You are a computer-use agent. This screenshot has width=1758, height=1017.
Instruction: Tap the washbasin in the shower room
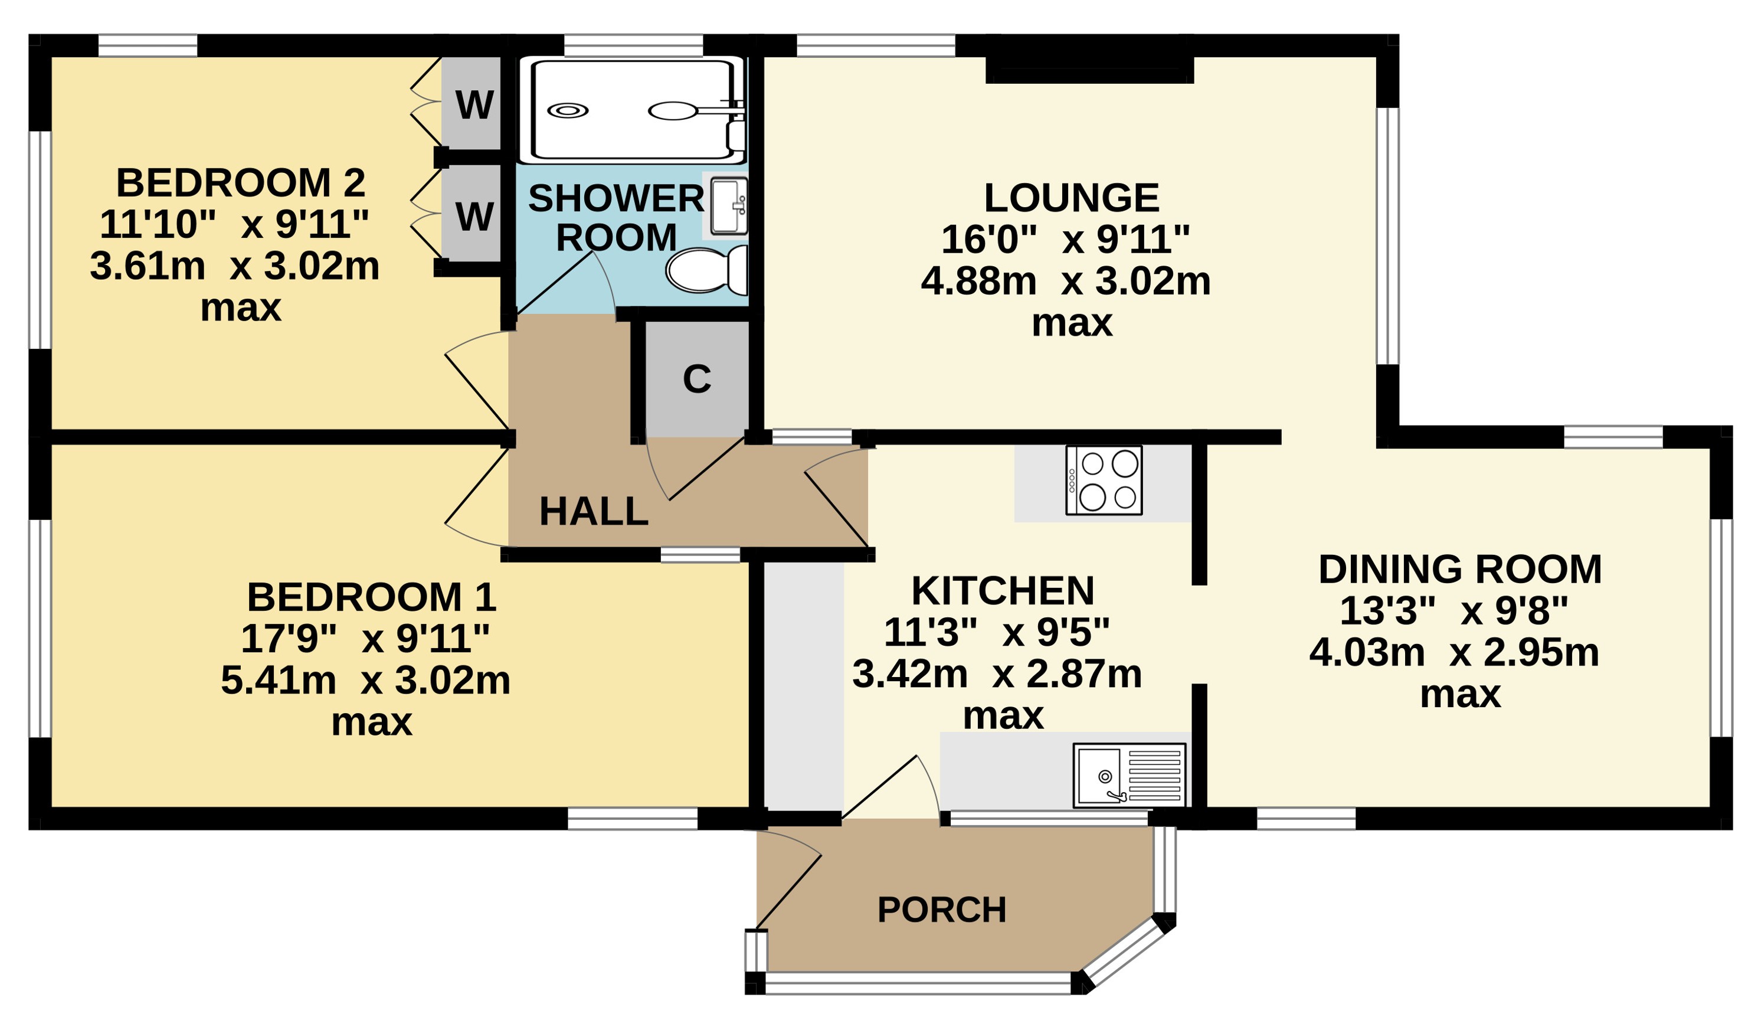729,206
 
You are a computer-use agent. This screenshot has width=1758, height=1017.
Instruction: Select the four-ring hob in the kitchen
1104,481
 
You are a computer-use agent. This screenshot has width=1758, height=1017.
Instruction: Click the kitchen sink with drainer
1130,776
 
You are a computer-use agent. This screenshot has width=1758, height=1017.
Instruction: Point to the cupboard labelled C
697,380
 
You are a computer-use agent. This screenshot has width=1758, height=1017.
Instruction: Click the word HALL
594,511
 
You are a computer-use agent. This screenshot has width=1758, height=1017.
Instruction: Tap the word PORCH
942,910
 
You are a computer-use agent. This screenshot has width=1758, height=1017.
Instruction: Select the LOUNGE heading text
1072,198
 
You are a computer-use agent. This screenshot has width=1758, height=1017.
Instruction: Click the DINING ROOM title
1460,569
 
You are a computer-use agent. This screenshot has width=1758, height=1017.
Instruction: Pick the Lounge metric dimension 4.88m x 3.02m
1066,282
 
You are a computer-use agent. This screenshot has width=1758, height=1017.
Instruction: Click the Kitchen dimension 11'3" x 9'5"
997,633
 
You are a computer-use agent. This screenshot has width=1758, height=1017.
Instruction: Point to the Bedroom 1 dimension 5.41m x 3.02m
365,680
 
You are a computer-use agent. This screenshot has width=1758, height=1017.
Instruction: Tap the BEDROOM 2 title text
241,183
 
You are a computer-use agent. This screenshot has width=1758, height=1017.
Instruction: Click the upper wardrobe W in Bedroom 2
474,104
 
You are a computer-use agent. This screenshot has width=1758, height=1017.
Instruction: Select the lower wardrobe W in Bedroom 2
474,215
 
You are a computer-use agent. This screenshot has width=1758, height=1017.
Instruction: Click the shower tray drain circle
568,110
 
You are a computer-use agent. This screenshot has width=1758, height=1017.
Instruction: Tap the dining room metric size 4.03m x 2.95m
1455,653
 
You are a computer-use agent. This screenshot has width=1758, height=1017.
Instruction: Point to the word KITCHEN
1003,591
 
